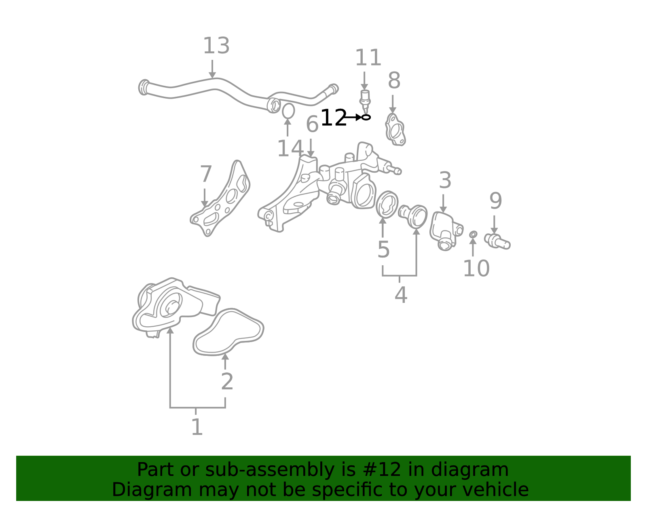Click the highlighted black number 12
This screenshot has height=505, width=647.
[334, 118]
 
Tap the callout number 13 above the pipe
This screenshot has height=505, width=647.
[216, 46]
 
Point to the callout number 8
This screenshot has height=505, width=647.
[394, 80]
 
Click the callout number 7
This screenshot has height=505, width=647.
[206, 174]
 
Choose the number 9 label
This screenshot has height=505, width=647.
[496, 201]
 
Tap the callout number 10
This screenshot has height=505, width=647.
[476, 268]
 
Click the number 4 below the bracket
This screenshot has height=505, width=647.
[401, 295]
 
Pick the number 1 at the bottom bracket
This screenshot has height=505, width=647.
[197, 427]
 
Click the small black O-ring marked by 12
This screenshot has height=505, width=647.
[366, 117]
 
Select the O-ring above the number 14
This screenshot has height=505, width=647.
[288, 111]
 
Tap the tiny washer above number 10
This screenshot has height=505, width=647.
[473, 235]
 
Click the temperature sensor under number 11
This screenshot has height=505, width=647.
[365, 101]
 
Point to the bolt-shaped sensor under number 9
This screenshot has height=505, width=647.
[497, 241]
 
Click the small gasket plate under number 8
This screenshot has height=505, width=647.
[395, 130]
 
